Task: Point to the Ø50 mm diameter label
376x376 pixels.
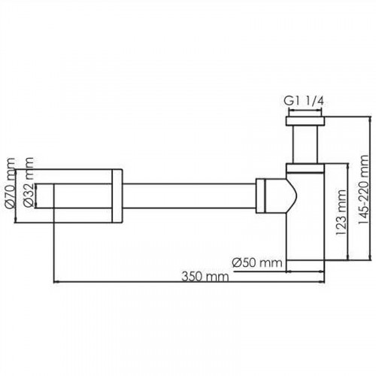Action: [x=256, y=262]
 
